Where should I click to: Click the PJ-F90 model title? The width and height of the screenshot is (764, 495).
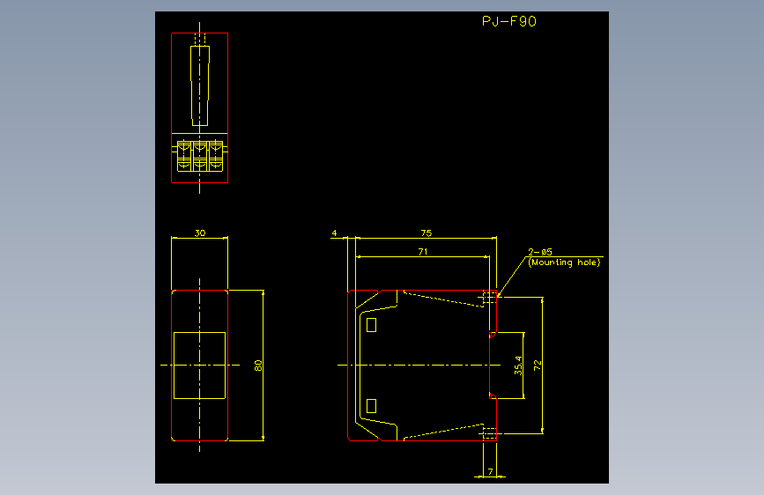tap(509, 21)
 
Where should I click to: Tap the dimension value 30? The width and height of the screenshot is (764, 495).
tap(200, 233)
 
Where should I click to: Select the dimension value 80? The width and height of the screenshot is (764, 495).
tap(258, 366)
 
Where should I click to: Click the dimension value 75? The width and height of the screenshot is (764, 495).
tap(427, 233)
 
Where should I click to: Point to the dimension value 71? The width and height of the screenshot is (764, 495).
tap(423, 251)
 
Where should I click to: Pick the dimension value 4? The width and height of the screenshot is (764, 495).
tap(334, 233)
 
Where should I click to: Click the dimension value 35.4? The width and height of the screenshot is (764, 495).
tap(518, 366)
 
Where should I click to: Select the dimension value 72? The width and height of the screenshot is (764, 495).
tap(537, 366)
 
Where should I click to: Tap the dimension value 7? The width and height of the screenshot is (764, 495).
tap(490, 471)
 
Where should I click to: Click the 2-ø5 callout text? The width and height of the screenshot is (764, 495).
tap(540, 252)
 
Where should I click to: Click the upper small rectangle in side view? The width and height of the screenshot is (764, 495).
tap(371, 325)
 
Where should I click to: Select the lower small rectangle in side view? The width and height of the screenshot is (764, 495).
tap(371, 406)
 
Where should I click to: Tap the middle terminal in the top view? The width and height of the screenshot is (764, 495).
tap(200, 156)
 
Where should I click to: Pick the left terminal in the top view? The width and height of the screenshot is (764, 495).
tap(185, 156)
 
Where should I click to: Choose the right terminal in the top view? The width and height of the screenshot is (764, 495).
tap(215, 156)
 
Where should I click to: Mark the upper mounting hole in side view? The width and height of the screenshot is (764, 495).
tap(490, 297)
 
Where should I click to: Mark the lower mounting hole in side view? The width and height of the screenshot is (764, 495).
tap(490, 433)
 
